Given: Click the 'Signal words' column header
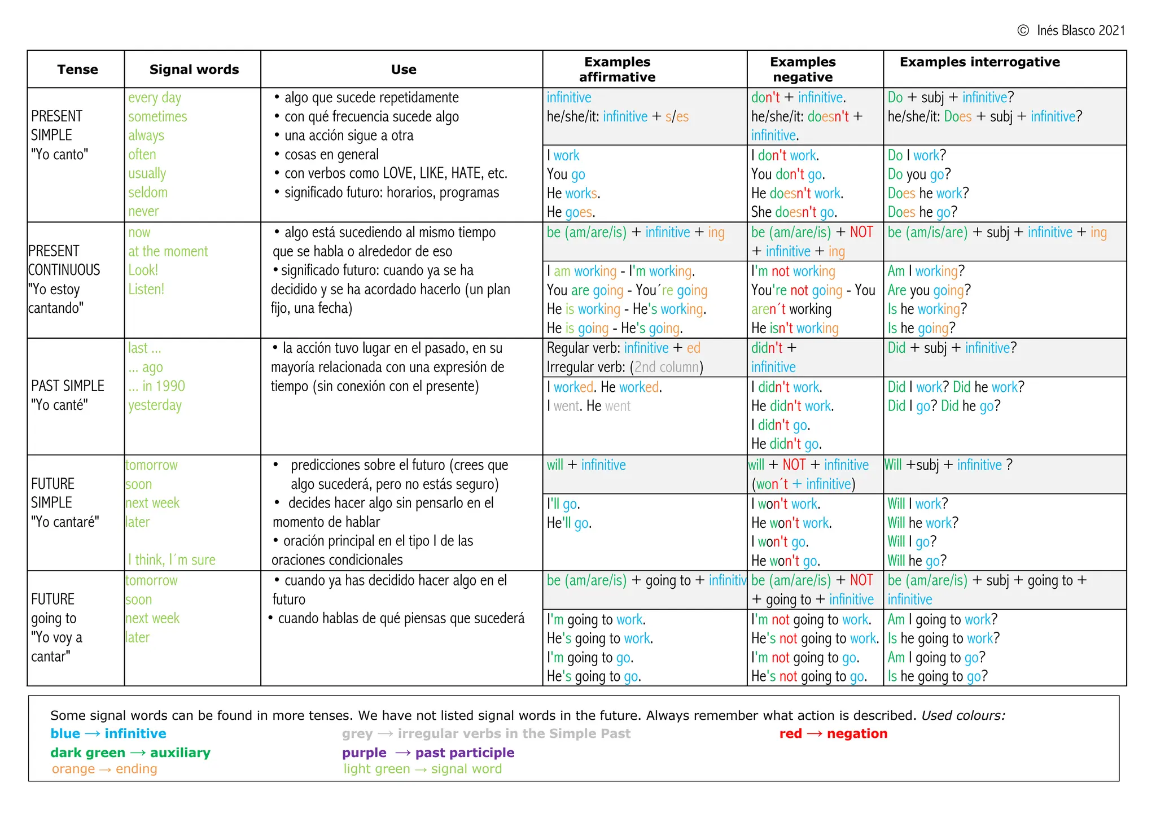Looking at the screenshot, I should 194,69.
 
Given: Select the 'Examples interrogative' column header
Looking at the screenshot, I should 979,62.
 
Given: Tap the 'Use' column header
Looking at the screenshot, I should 404,69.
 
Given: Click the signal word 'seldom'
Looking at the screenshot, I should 148,193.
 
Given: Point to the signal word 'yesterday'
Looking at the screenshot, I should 155,405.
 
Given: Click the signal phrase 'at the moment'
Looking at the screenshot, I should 168,251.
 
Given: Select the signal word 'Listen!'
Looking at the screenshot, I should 146,289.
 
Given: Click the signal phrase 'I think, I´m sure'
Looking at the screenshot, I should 172,559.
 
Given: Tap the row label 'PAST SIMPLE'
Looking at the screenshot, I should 68,386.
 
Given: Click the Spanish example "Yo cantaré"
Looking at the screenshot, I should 65,522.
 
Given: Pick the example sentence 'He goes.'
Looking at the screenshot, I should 571,212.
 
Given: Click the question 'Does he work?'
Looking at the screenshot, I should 928,193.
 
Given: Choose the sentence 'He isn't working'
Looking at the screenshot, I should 795,328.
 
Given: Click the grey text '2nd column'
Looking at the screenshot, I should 667,367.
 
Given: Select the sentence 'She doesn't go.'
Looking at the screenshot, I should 794,212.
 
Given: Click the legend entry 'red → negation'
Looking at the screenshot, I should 833,733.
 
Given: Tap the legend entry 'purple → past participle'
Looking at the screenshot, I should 428,753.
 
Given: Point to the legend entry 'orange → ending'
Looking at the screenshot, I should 104,769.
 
